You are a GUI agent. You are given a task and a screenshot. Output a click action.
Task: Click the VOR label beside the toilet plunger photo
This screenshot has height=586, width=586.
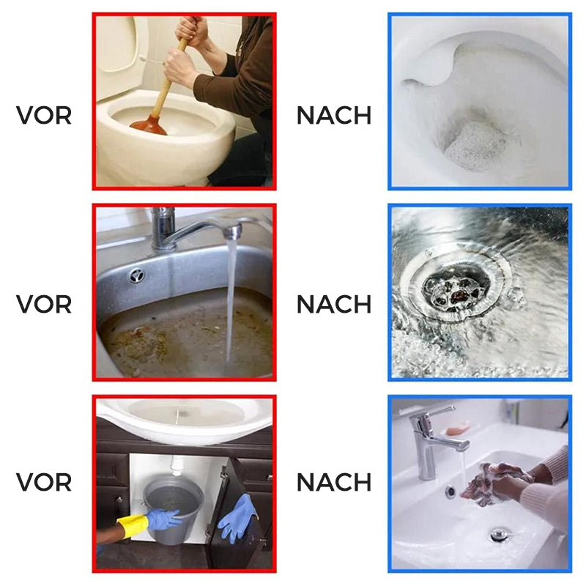(44, 116)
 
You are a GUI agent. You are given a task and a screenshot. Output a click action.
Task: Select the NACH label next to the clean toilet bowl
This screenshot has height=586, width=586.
(334, 116)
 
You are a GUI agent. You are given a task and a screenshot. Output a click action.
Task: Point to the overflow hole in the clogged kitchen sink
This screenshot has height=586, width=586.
(137, 276)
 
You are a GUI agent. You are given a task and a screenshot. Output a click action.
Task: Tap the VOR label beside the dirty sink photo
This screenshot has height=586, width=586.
(44, 304)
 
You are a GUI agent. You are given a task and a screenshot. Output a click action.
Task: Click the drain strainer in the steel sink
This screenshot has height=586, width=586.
(456, 286)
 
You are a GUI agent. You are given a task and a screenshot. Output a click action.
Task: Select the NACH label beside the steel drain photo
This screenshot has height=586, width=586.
(334, 304)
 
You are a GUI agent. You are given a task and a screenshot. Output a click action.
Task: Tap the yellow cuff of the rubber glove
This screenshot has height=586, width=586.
(133, 526)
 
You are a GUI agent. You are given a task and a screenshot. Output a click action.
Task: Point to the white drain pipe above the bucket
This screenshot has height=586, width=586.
(177, 465)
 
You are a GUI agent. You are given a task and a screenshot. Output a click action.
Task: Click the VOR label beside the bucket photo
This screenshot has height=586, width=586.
(44, 482)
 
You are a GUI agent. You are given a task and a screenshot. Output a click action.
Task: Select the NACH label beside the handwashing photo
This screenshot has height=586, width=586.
(334, 482)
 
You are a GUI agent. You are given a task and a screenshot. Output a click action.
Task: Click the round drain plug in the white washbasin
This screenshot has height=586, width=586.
(500, 534)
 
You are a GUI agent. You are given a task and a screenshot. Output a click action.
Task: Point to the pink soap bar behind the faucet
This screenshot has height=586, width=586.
(459, 429)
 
